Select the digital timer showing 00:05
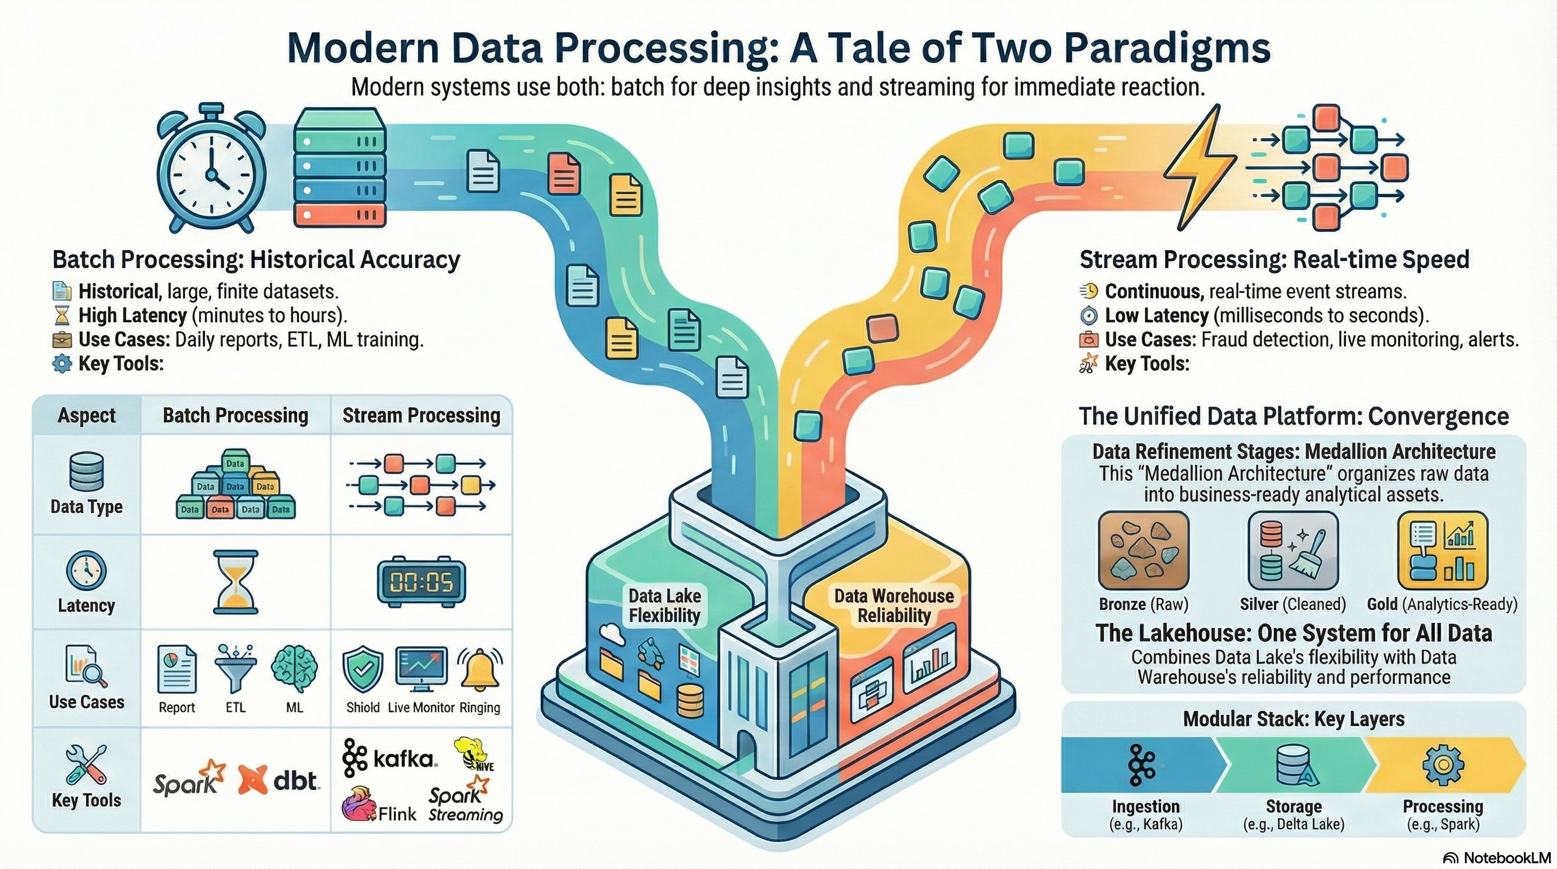[421, 582]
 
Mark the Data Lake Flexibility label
[664, 605]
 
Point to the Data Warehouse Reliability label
[893, 605]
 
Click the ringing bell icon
[480, 670]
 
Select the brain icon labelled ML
[294, 670]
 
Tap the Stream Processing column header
[421, 416]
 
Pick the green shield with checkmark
[363, 670]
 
